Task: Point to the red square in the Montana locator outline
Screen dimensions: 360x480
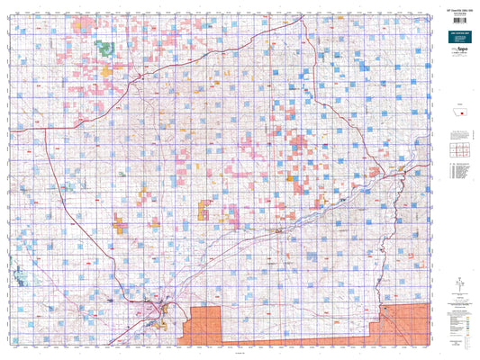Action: [x=461, y=119]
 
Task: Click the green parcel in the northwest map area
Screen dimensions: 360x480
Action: [x=105, y=47]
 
